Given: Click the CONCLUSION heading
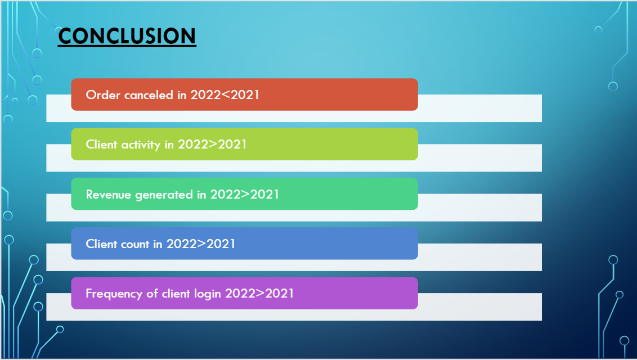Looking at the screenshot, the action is [127, 36].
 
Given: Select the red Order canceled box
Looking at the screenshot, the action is [245, 94].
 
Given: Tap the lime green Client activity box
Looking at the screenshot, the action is [245, 144].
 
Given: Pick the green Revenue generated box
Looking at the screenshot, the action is [245, 193].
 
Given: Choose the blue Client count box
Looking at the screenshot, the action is [245, 244].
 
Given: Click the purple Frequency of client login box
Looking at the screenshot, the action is [245, 293].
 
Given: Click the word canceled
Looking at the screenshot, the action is [149, 95].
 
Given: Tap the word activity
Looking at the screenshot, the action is [141, 145].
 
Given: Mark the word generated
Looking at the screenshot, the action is [164, 195].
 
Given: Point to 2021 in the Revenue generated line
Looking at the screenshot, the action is [264, 195].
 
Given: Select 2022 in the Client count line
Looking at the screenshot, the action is [181, 244].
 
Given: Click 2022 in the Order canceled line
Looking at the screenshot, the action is [205, 95].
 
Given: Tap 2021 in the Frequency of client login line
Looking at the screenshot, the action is [280, 294].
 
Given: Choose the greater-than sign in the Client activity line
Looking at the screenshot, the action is [213, 145].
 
